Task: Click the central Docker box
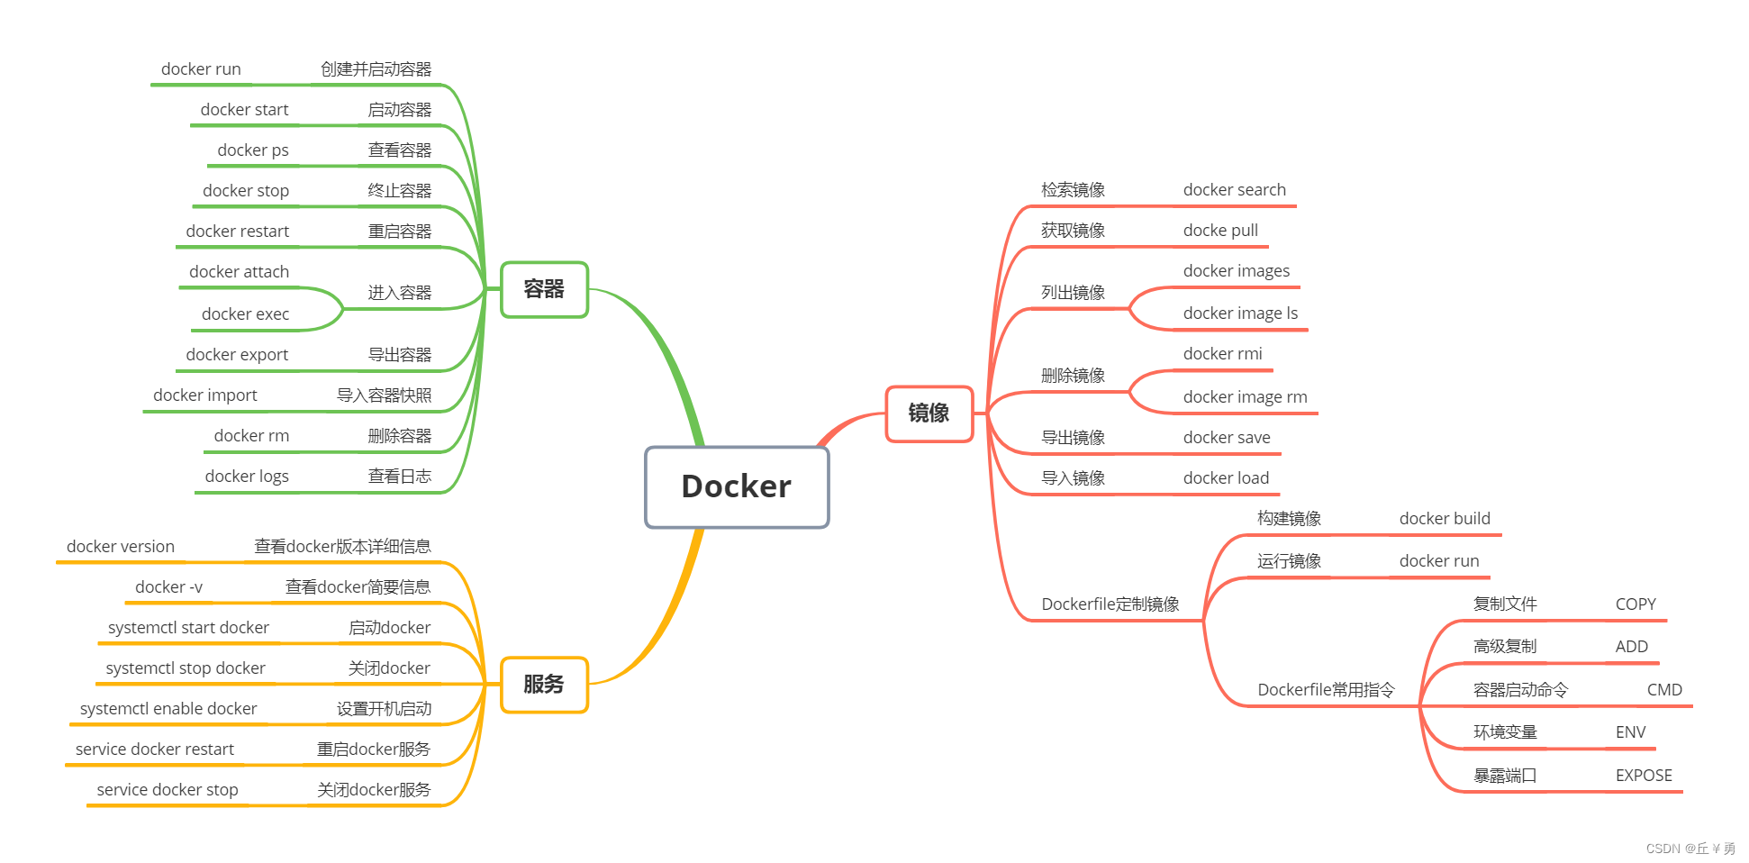(x=736, y=486)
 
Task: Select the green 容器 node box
(x=544, y=289)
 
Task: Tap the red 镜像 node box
(x=929, y=413)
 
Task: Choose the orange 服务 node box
(x=544, y=685)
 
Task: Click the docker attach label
(x=239, y=272)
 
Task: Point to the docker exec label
(x=245, y=314)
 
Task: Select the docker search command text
(x=1234, y=190)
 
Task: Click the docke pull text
(x=1220, y=231)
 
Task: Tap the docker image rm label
(x=1245, y=397)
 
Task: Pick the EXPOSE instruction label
(x=1643, y=776)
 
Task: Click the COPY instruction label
(x=1636, y=604)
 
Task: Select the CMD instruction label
(x=1663, y=690)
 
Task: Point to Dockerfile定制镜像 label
(x=1110, y=604)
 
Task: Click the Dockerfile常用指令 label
(x=1326, y=690)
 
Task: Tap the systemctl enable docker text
(x=168, y=709)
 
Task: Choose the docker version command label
(x=121, y=547)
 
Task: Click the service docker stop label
(x=168, y=790)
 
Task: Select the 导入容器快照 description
(x=384, y=395)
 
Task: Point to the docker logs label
(x=247, y=477)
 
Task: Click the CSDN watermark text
(x=1690, y=849)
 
